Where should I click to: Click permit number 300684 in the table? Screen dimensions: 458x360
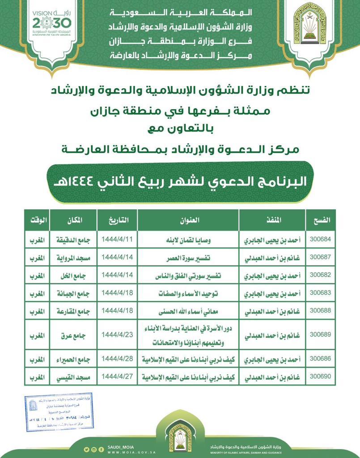[x=320, y=239]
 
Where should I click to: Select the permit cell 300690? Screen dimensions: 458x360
[x=320, y=377]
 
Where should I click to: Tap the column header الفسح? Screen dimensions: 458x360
[x=320, y=220]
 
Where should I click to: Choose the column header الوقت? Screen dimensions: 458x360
[x=38, y=220]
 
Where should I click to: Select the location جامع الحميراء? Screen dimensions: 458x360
[x=72, y=359]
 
